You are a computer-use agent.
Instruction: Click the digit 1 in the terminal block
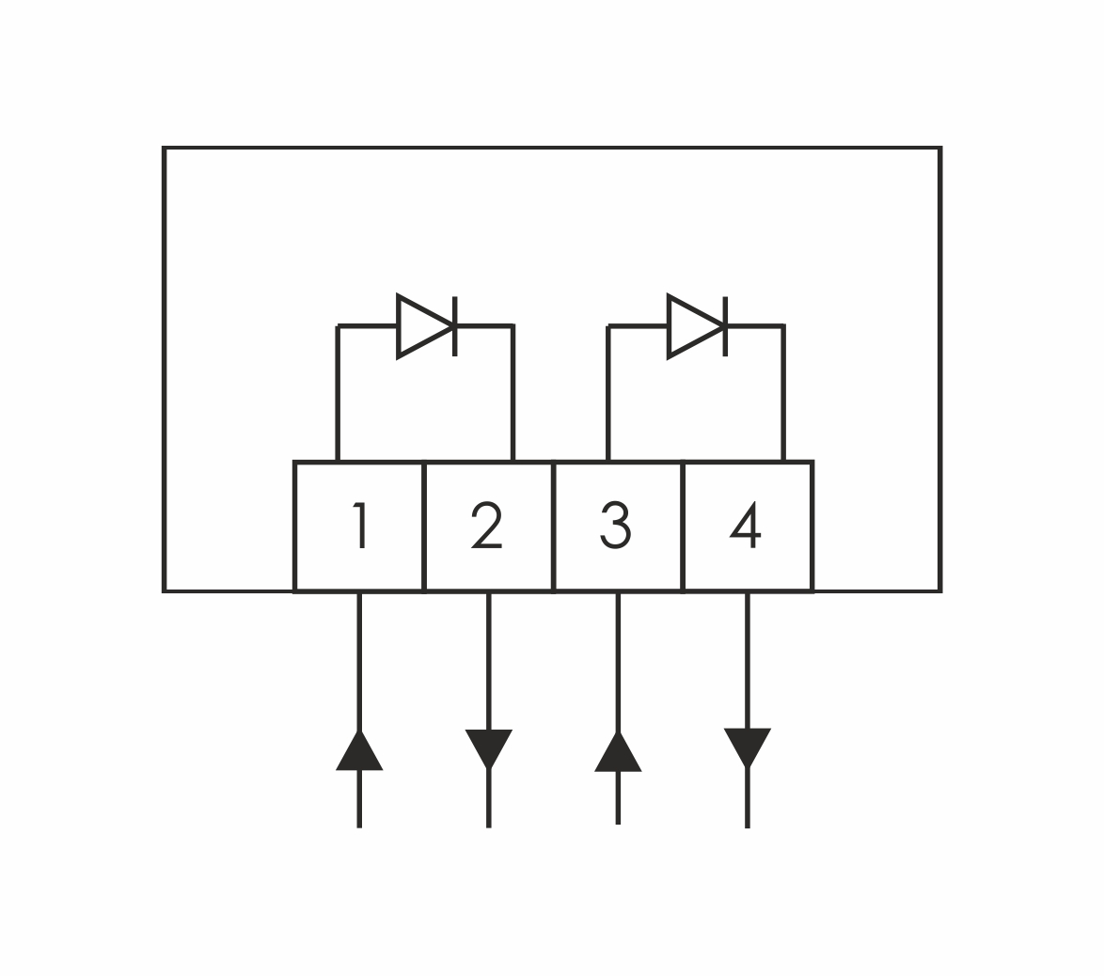click(x=360, y=526)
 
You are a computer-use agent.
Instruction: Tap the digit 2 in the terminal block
click(x=487, y=526)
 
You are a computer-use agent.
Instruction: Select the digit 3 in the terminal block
click(x=616, y=526)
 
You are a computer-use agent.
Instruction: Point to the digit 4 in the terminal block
click(x=747, y=526)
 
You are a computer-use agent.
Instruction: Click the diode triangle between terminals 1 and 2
click(x=422, y=326)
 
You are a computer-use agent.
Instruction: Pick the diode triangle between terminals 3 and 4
click(x=693, y=326)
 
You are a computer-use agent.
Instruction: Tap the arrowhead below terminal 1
click(x=359, y=752)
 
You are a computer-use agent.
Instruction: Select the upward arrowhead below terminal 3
click(x=618, y=753)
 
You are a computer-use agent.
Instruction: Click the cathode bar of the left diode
click(x=455, y=326)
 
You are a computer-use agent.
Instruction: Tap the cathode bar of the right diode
click(x=725, y=326)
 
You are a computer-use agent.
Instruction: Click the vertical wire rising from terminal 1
click(x=338, y=395)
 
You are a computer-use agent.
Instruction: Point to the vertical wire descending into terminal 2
click(x=513, y=395)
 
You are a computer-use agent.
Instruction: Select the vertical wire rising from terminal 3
click(x=608, y=395)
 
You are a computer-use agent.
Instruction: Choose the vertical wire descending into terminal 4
click(x=783, y=395)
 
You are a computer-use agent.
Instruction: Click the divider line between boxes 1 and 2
click(x=424, y=527)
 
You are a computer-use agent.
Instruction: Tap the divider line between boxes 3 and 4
click(x=683, y=527)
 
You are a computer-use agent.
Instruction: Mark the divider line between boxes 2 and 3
click(x=553, y=527)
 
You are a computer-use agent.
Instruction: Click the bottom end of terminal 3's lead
click(x=618, y=821)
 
